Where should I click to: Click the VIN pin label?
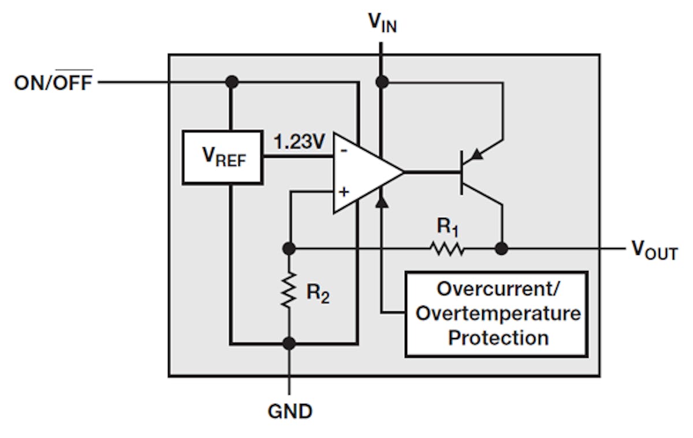tap(382, 23)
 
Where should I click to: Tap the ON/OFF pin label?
tap(53, 83)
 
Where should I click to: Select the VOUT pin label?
tap(654, 250)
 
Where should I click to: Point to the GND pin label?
tap(290, 411)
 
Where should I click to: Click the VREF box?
tap(222, 157)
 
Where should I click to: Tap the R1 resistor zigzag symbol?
tap(446, 249)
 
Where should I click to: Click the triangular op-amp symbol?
tap(364, 172)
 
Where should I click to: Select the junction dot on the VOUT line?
tap(502, 249)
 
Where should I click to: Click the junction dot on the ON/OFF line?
tap(232, 83)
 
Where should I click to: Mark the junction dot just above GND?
tap(289, 343)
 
